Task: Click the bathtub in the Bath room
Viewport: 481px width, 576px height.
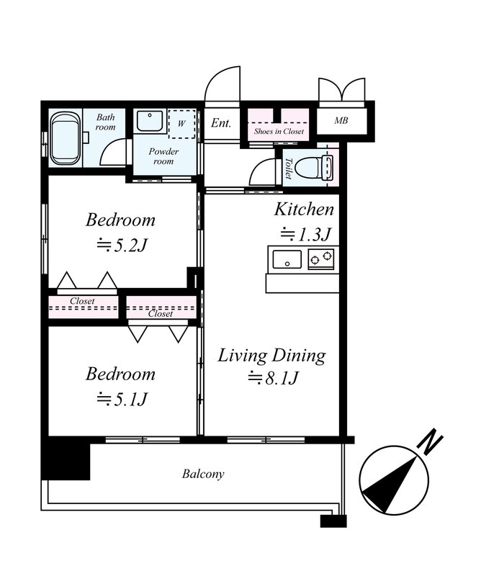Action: (66, 138)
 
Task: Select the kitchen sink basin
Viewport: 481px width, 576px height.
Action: (287, 259)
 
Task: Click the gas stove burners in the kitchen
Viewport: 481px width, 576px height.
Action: (321, 259)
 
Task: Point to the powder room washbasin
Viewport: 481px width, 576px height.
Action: (150, 121)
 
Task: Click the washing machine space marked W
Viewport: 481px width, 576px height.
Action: (181, 123)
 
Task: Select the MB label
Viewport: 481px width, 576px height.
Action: (341, 120)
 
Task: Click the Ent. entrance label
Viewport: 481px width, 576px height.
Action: (221, 122)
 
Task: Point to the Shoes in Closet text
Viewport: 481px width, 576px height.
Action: (279, 131)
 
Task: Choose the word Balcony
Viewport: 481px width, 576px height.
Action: (203, 474)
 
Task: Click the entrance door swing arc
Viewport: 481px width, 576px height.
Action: (215, 78)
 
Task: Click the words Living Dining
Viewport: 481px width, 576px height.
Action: (272, 356)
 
